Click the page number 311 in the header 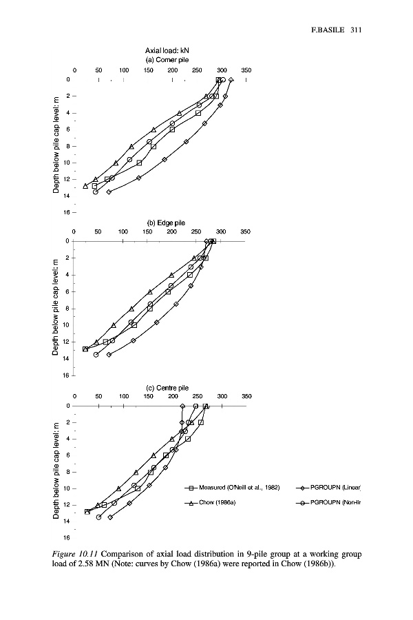[x=356, y=30]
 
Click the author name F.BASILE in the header [x=324, y=30]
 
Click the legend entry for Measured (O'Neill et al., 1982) [x=237, y=488]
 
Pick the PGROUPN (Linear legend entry [x=335, y=488]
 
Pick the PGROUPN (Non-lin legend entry [x=335, y=503]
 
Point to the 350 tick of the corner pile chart [x=246, y=70]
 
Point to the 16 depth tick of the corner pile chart [x=68, y=212]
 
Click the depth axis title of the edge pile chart [x=56, y=307]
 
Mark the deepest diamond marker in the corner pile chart [x=109, y=192]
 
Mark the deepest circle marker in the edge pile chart [x=96, y=354]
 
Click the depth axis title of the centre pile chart [x=56, y=472]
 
